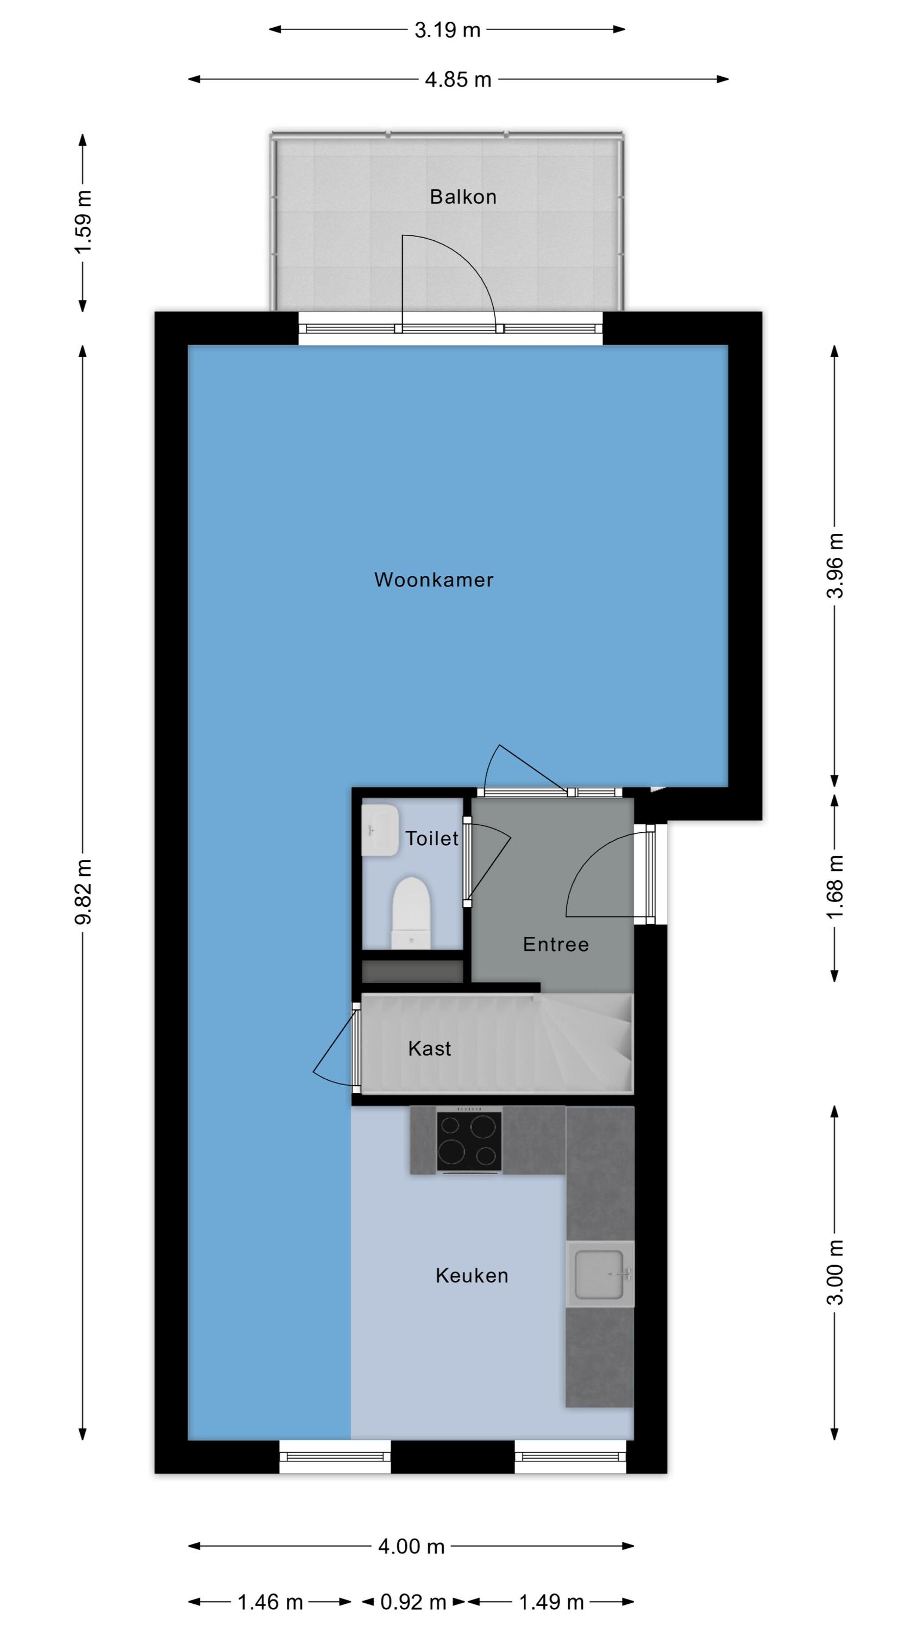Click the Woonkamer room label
click(x=434, y=580)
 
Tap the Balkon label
click(x=463, y=197)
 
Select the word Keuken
click(x=472, y=1275)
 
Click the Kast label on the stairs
click(x=429, y=1049)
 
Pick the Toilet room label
click(x=431, y=838)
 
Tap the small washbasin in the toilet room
click(x=380, y=830)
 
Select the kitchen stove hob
click(x=469, y=1141)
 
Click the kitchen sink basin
click(x=599, y=1274)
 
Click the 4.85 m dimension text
click(x=458, y=80)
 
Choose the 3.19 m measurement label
click(x=448, y=30)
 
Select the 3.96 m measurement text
click(x=836, y=566)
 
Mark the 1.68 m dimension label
click(x=836, y=888)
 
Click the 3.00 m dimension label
click(x=836, y=1273)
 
